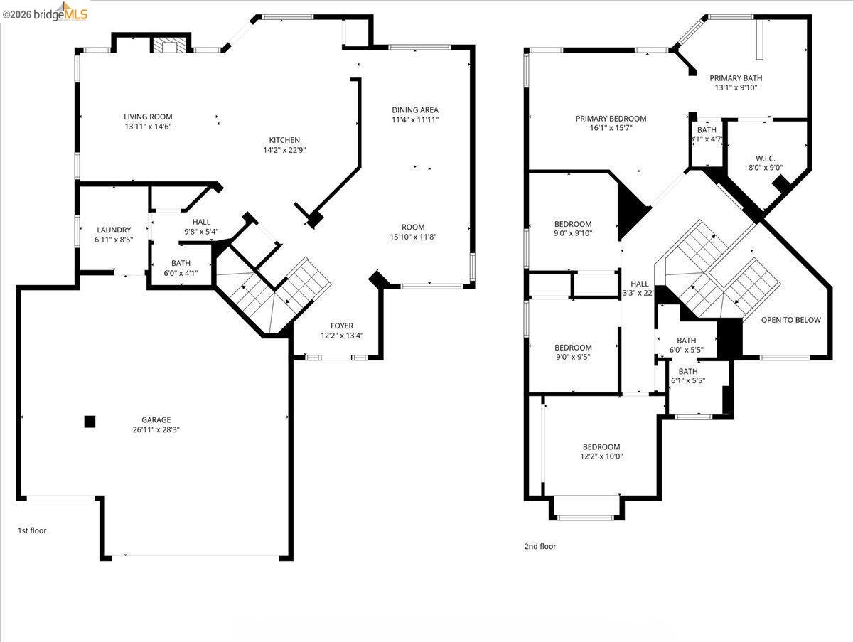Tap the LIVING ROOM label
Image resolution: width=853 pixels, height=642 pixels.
click(148, 117)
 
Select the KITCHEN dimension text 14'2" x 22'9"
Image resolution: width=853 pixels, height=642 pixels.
click(284, 150)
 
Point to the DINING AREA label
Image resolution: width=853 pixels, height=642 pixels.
click(415, 110)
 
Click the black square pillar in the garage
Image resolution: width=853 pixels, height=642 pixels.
click(90, 422)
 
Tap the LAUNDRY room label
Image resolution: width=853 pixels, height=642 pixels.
click(114, 230)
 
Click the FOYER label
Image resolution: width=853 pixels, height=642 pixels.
click(342, 326)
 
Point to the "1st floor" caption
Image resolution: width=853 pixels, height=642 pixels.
click(32, 530)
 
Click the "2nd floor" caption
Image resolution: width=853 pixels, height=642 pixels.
click(540, 547)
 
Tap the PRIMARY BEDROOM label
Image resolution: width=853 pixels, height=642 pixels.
click(611, 119)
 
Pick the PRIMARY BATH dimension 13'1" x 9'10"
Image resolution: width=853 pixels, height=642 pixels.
click(736, 88)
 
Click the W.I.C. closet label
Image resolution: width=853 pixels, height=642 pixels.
click(765, 159)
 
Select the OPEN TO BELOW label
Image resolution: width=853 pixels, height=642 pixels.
click(790, 320)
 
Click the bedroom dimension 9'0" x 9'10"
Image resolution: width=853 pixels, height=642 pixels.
click(573, 233)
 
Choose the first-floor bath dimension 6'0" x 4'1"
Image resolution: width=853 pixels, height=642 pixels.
click(181, 273)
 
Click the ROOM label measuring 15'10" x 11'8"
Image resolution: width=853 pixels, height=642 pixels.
click(412, 228)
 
